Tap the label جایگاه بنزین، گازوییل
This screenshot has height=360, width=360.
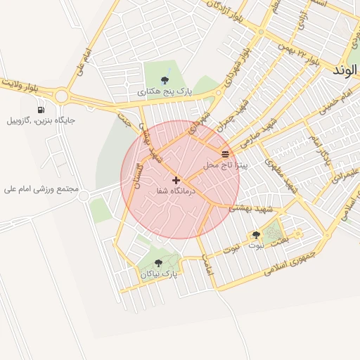(x=41, y=120)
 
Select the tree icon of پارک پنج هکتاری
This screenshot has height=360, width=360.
(x=165, y=80)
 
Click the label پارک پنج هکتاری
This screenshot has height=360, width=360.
(x=165, y=91)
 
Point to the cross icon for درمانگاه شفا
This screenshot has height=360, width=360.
(x=176, y=180)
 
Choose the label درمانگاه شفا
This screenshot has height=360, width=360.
(x=167, y=191)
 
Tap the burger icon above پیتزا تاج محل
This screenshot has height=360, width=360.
(x=225, y=153)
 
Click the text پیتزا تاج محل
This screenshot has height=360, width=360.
(x=221, y=165)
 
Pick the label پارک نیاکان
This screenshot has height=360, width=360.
(x=157, y=274)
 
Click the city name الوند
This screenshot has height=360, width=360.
(x=347, y=70)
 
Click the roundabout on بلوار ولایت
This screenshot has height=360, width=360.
(x=61, y=96)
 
